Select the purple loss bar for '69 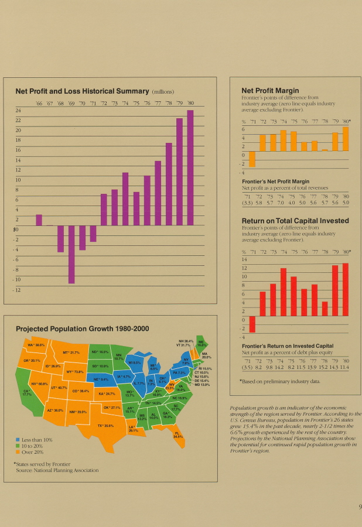pos(71,254)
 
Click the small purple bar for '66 pos(39,220)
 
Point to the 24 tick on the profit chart pos(18,110)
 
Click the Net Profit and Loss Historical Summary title pos(82,91)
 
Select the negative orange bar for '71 pos(252,159)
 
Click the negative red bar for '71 pos(252,324)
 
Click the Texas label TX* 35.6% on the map pos(105,426)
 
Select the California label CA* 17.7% pos(26,393)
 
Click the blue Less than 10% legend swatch pos(18,440)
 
